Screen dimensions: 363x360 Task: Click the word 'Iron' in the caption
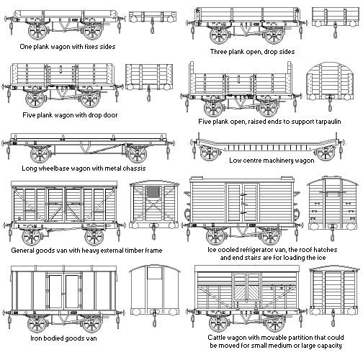pos(35,338)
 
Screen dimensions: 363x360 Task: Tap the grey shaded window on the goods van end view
pos(153,192)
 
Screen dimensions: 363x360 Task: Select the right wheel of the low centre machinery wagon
pos(325,153)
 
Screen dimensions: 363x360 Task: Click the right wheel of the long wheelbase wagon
pos(137,154)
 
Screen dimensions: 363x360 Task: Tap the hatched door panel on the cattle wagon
pos(247,293)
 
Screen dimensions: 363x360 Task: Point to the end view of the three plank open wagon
pos(335,20)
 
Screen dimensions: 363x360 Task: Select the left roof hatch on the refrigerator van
pos(197,178)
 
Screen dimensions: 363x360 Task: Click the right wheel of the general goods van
pos(94,237)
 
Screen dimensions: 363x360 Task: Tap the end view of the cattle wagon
pos(333,296)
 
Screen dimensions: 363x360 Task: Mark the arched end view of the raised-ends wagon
pos(330,86)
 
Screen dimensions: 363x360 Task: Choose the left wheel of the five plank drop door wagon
pos(35,99)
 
